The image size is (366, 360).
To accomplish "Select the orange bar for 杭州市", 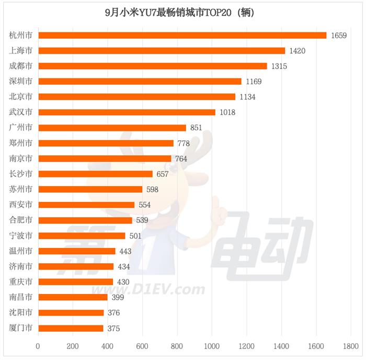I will (x=182, y=36).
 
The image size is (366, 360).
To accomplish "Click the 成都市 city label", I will (x=21, y=66).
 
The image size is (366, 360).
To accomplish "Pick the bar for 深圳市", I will (x=140, y=81).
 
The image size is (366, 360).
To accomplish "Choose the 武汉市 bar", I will (x=127, y=112).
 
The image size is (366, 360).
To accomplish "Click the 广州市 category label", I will (x=21, y=127).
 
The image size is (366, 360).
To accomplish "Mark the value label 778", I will (x=183, y=143).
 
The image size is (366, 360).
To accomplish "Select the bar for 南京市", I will (x=105, y=158).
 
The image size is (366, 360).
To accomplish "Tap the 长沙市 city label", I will (x=21, y=174).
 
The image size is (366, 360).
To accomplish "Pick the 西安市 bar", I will (x=86, y=205).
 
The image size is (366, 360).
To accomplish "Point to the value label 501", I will (x=135, y=236).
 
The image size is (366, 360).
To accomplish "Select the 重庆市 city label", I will (x=21, y=282).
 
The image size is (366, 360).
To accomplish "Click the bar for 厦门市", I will (x=71, y=328).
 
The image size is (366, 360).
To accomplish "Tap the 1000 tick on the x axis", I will (x=212, y=346).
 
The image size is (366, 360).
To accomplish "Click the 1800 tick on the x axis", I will (x=351, y=346).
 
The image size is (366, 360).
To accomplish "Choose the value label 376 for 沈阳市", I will (x=114, y=313).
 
